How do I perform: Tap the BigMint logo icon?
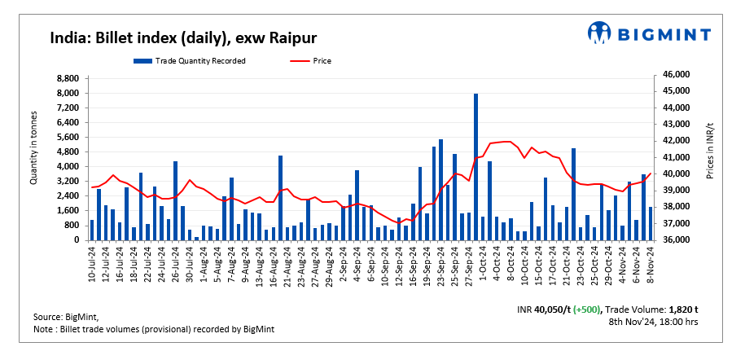(600, 33)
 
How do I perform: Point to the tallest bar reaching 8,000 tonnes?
(475, 167)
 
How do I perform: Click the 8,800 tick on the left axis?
(68, 78)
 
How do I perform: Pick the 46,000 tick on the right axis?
(674, 74)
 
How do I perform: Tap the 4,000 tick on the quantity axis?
(68, 167)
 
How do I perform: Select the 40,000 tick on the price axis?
(674, 173)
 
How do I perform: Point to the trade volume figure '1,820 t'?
(683, 310)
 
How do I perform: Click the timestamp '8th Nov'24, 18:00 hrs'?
(654, 323)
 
